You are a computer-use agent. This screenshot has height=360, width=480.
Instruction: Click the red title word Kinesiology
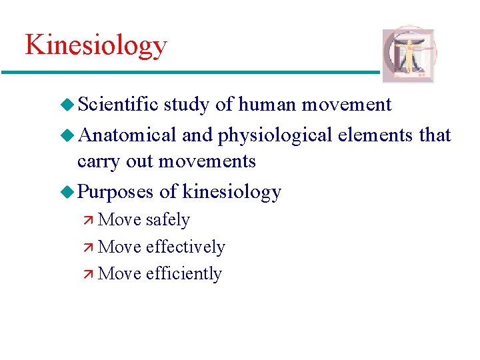click(96, 46)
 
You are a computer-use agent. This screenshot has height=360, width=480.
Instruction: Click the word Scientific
click(118, 105)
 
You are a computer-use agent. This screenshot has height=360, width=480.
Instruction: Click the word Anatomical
click(127, 135)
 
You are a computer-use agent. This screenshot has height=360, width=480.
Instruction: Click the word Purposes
click(116, 192)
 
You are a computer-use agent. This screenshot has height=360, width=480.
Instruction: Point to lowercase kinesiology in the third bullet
click(231, 192)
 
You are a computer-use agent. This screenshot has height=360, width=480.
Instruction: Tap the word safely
click(167, 220)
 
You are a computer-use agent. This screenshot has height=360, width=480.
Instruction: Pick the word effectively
click(185, 247)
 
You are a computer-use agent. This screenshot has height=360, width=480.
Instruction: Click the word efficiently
click(183, 273)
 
